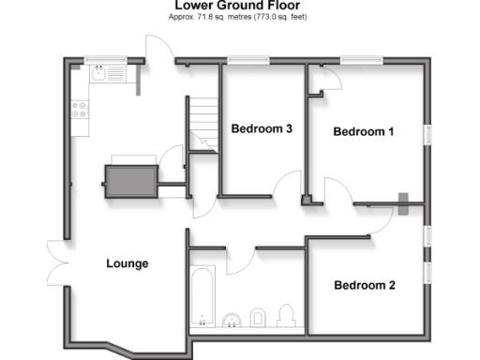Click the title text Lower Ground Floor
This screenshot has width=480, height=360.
(239, 6)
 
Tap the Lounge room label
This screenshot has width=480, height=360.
(127, 263)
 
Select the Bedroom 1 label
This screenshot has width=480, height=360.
(364, 132)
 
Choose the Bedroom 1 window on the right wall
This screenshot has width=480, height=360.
(427, 134)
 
